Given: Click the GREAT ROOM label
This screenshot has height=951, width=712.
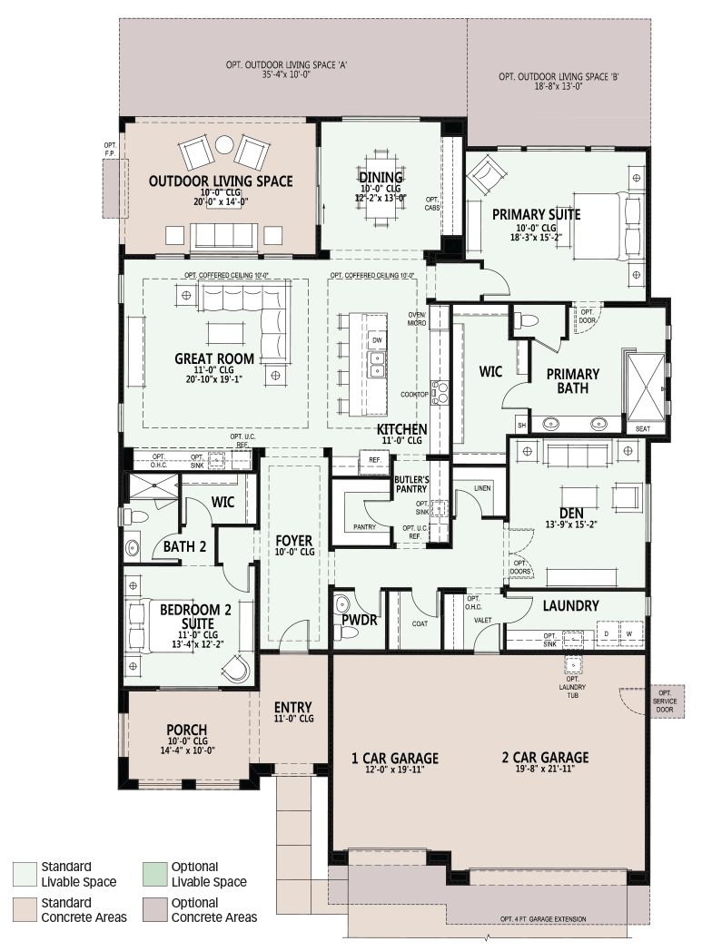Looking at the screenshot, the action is [214, 358].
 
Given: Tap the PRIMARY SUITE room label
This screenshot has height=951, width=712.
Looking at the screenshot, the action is [536, 215].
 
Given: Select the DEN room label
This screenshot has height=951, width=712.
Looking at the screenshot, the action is [571, 514].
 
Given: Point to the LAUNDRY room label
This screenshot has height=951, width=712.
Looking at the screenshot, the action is [570, 605].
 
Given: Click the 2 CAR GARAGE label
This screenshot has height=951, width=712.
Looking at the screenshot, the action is [545, 757].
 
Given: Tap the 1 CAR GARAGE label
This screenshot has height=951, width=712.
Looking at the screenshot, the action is [394, 758].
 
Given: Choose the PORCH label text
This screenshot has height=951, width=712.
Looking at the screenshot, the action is [187, 730].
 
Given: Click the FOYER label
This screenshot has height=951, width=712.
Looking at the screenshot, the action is [293, 541].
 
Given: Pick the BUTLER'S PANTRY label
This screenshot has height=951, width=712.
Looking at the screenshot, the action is [411, 484].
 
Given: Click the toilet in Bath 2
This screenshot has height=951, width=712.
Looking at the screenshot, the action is [136, 516].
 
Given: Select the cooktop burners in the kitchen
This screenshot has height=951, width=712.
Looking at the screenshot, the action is [440, 392].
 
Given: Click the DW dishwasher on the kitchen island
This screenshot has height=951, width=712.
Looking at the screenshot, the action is [377, 340].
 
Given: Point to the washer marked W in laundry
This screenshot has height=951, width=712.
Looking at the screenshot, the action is [628, 633].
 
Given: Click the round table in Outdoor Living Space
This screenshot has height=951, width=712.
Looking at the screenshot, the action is [224, 144].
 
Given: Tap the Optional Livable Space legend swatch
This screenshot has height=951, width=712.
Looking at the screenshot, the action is [154, 874].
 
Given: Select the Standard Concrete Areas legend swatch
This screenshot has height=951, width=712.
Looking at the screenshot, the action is [25, 910].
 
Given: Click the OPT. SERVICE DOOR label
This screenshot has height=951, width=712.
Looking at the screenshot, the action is [665, 701].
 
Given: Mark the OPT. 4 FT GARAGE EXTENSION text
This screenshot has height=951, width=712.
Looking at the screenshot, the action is [543, 919].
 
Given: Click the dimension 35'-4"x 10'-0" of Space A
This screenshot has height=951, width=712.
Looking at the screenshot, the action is [286, 74].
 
